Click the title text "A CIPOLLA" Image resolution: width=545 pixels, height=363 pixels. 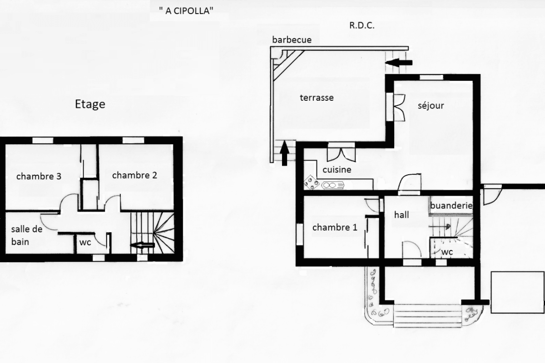(x=186, y=11)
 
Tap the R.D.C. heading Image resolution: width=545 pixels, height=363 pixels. (x=362, y=25)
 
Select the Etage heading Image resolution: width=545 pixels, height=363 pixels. (x=90, y=104)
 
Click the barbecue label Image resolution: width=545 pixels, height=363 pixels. (x=292, y=39)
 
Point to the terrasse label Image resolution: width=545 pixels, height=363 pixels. (x=317, y=98)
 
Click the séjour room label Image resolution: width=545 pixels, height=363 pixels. (x=431, y=106)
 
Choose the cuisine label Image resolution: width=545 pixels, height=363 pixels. (x=337, y=169)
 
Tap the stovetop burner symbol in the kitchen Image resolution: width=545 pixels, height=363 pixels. (x=312, y=182)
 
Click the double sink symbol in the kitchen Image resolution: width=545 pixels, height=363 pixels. (x=333, y=186)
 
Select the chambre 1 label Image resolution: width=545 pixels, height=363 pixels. (x=335, y=227)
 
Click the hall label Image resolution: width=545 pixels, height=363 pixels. (x=401, y=215)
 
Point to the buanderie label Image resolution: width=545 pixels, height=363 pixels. (x=451, y=206)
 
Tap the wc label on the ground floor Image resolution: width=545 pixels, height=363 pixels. (x=447, y=252)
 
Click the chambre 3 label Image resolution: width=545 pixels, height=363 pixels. (x=39, y=176)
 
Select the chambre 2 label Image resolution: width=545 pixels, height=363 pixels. (x=134, y=175)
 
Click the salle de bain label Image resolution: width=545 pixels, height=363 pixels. (x=27, y=235)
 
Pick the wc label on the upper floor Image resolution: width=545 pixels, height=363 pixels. (x=85, y=242)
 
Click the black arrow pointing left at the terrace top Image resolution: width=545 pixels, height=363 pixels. (x=399, y=63)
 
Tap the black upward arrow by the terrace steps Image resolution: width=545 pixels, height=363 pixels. (x=284, y=153)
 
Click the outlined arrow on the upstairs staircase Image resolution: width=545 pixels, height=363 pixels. (x=143, y=245)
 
